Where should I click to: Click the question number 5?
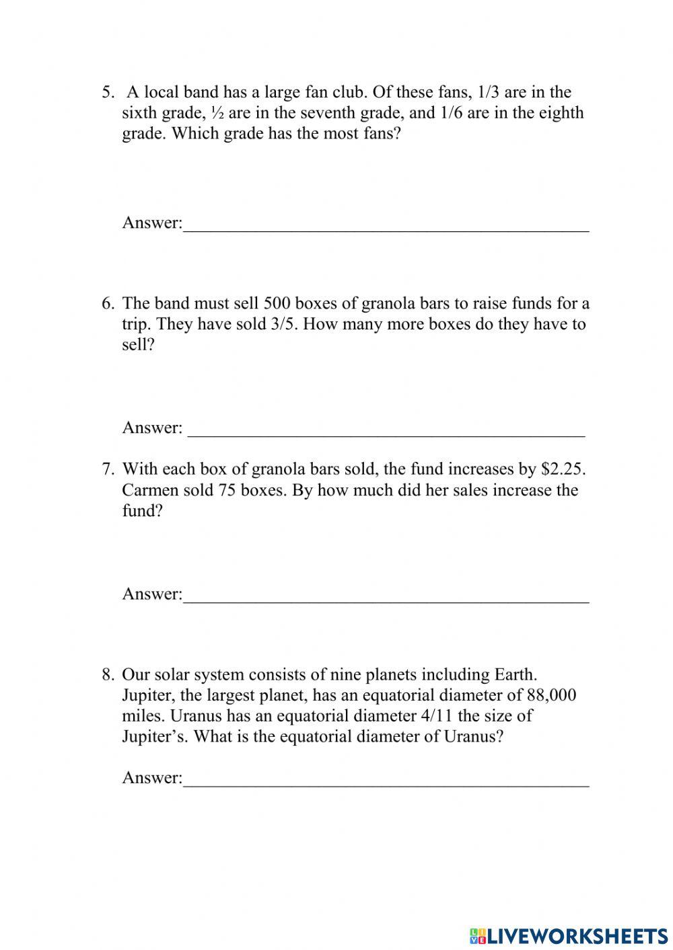pos(108,92)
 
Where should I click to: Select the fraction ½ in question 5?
pos(217,113)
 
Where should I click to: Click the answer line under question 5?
pos(386,229)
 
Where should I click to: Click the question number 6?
pos(108,304)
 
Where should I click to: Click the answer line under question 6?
pos(386,434)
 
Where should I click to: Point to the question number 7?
pos(108,469)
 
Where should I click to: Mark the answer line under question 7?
pos(386,600)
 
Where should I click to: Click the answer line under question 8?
pos(386,784)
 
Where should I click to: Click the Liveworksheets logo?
pos(569,935)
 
